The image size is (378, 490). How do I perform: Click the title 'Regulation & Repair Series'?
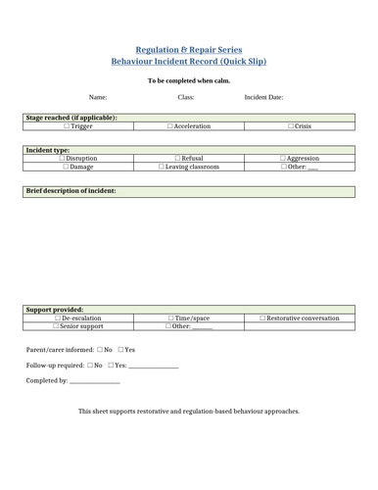pyautogui.click(x=188, y=49)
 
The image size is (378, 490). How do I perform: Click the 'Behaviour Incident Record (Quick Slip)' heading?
pyautogui.click(x=188, y=61)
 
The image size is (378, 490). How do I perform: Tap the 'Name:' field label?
pyautogui.click(x=98, y=98)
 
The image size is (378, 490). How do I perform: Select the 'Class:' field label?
pyautogui.click(x=186, y=98)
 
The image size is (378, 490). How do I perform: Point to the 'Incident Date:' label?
pyautogui.click(x=263, y=98)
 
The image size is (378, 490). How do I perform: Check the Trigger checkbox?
pyautogui.click(x=68, y=126)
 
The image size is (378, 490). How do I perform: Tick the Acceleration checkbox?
pyautogui.click(x=170, y=126)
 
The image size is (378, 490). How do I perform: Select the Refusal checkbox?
pyautogui.click(x=176, y=158)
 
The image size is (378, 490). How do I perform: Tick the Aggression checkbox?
pyautogui.click(x=283, y=158)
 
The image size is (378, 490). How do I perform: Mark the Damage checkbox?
pyautogui.click(x=66, y=167)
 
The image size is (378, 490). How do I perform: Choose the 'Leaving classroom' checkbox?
pyautogui.click(x=163, y=167)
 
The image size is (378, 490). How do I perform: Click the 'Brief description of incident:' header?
pyautogui.click(x=72, y=190)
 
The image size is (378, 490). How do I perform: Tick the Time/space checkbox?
pyautogui.click(x=170, y=318)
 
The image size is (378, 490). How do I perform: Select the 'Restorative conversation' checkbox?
pyautogui.click(x=263, y=318)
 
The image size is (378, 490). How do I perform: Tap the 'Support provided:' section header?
pyautogui.click(x=55, y=309)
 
